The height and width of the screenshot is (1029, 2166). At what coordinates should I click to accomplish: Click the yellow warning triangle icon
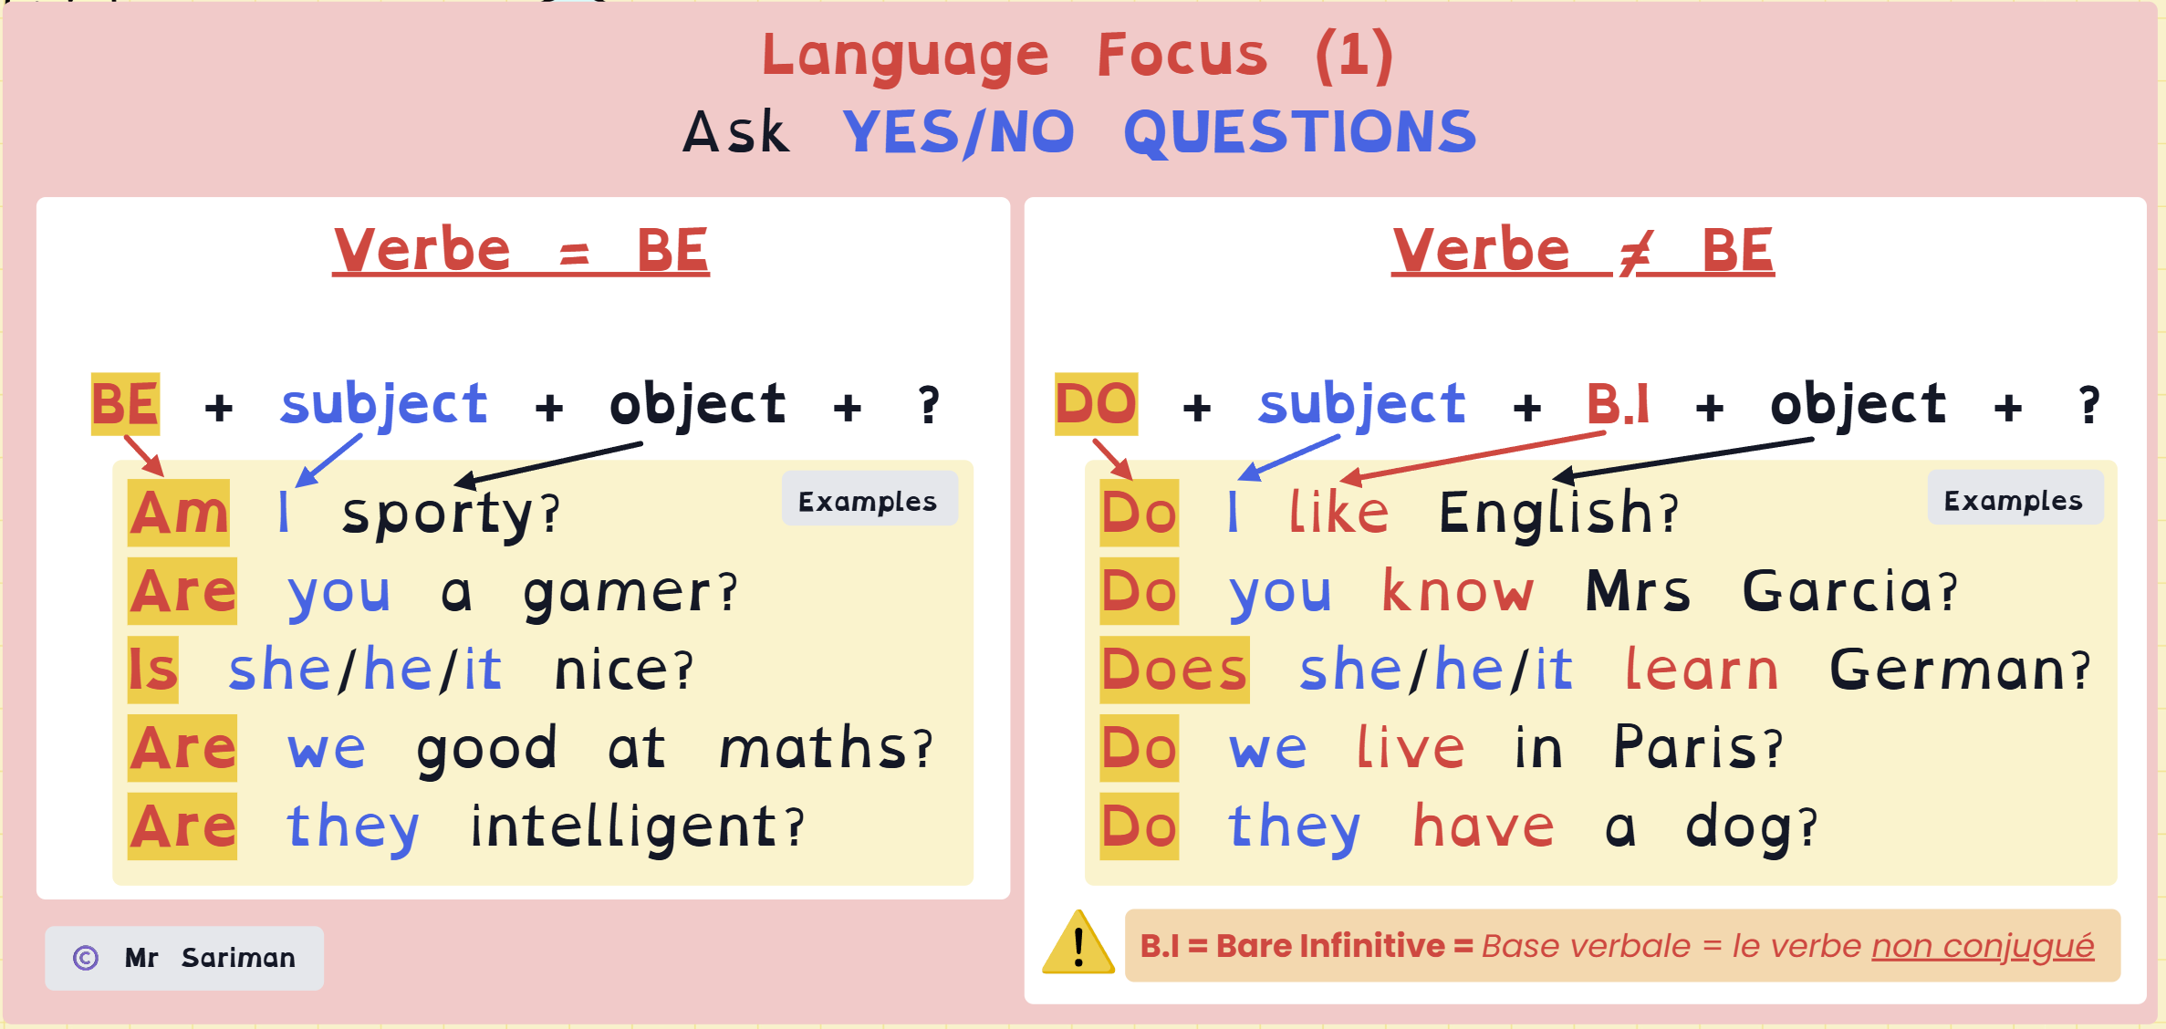[1078, 943]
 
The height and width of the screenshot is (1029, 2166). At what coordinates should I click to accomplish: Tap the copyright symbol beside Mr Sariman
[86, 958]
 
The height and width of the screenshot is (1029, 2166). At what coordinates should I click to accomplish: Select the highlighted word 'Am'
[179, 513]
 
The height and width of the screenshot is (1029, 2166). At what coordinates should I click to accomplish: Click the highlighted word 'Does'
[1174, 670]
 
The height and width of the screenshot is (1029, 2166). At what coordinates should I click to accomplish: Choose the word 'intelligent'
[624, 827]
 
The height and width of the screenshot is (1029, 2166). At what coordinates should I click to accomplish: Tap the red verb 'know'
[1457, 591]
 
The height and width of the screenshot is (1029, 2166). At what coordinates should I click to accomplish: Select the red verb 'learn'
[1702, 670]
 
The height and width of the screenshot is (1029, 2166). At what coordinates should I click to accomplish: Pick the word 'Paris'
[1684, 748]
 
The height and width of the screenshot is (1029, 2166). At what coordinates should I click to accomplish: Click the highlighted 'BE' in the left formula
[126, 404]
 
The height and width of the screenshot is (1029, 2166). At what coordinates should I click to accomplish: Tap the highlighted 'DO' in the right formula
[1096, 404]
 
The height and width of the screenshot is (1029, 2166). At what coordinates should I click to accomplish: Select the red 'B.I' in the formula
[1618, 403]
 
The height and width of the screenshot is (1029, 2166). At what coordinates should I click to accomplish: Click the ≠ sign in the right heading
[1636, 252]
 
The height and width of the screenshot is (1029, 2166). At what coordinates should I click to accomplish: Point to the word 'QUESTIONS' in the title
[1300, 132]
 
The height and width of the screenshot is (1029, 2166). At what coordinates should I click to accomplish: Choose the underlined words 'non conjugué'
[1983, 947]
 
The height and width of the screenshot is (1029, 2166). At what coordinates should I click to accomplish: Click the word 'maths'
[813, 748]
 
